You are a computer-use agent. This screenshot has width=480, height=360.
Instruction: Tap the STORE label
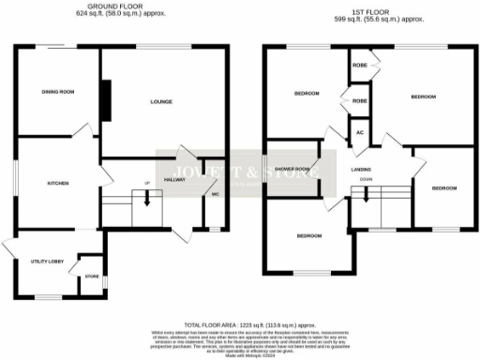coord(91,277)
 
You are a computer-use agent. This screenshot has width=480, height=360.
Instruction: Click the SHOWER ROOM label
coord(294,170)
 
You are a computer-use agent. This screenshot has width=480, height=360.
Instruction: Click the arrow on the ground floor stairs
coord(146,198)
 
